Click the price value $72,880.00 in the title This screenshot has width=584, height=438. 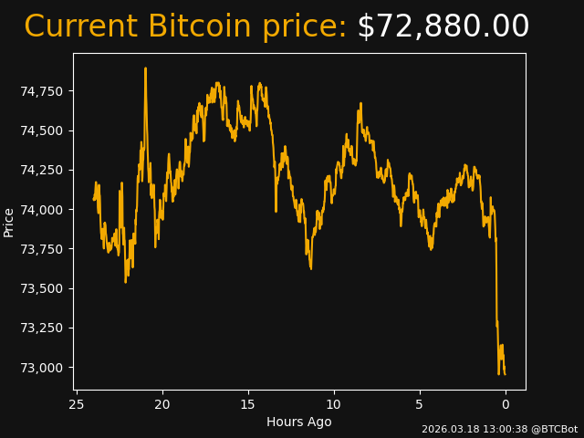coord(443,27)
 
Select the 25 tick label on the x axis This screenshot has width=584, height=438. coord(77,404)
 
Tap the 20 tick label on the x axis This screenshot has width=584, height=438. coord(162,404)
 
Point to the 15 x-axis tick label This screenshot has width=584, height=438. coord(248,404)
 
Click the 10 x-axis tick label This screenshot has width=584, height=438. coord(334,404)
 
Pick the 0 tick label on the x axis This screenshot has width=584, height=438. coord(506,404)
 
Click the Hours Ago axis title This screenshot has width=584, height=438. coord(299,422)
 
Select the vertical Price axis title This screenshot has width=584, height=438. coord(9,222)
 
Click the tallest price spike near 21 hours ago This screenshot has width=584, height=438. coord(145,69)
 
